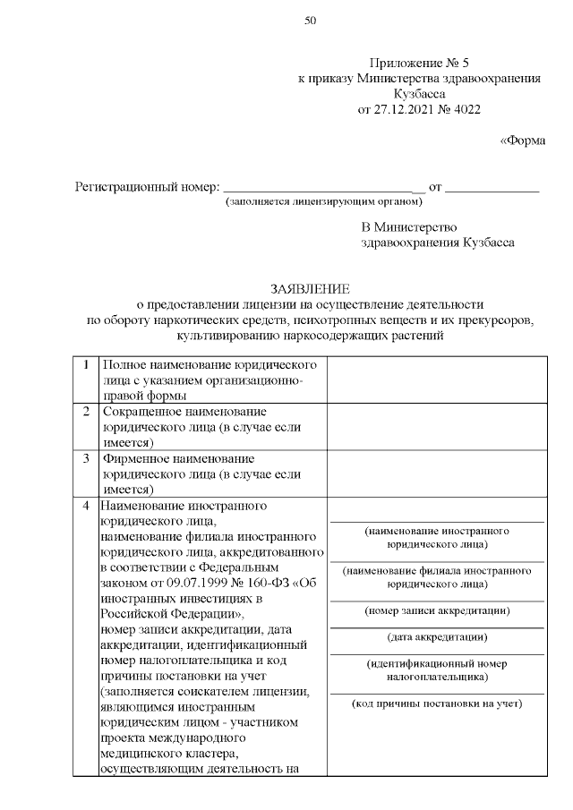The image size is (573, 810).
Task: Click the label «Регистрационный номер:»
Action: click(147, 188)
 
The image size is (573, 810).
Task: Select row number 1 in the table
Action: click(85, 366)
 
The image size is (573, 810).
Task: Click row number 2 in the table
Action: click(85, 412)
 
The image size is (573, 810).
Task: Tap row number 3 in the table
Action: click(85, 459)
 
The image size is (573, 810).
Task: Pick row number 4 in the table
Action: click(85, 506)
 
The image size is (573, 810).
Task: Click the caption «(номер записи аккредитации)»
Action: click(437, 611)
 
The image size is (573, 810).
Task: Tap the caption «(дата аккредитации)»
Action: click(437, 637)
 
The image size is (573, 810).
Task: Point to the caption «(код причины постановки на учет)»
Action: click(437, 703)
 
